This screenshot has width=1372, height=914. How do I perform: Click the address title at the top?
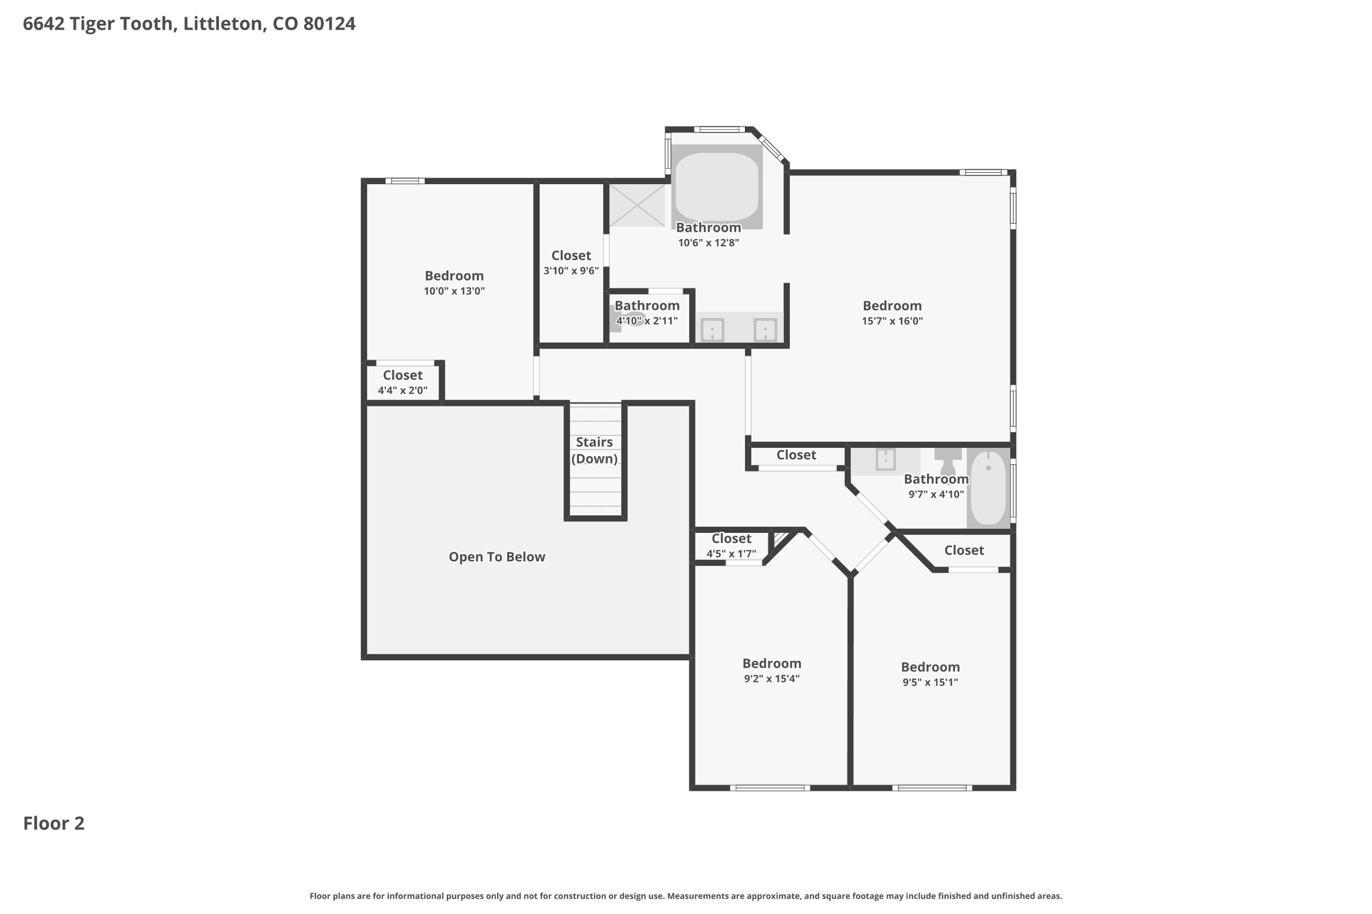click(189, 24)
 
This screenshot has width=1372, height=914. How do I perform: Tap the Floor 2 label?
click(54, 823)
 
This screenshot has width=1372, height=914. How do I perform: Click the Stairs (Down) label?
click(594, 450)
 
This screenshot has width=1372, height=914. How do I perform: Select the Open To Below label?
click(497, 556)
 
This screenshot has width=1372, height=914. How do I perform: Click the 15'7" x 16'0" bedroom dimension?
click(892, 321)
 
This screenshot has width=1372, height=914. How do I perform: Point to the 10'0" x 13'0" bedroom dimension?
click(454, 291)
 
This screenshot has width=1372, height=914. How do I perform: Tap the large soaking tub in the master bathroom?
click(717, 187)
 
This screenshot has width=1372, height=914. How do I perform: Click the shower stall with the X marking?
click(636, 205)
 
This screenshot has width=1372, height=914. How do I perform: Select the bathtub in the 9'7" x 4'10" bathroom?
click(989, 488)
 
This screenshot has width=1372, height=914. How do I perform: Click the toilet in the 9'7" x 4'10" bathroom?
click(948, 461)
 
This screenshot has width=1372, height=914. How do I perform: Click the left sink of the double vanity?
click(712, 329)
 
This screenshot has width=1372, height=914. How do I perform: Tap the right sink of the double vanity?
click(765, 329)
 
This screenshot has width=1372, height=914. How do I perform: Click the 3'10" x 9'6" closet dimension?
click(571, 271)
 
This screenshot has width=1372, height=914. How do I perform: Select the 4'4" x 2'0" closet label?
click(403, 382)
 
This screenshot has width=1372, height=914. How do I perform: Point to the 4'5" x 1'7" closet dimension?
click(732, 554)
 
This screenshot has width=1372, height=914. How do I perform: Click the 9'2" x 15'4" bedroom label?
click(772, 670)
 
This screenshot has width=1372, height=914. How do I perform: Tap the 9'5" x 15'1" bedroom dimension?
click(931, 682)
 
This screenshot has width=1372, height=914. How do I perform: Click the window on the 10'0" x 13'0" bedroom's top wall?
click(405, 181)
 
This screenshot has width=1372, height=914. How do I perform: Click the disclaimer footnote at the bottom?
click(686, 896)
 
